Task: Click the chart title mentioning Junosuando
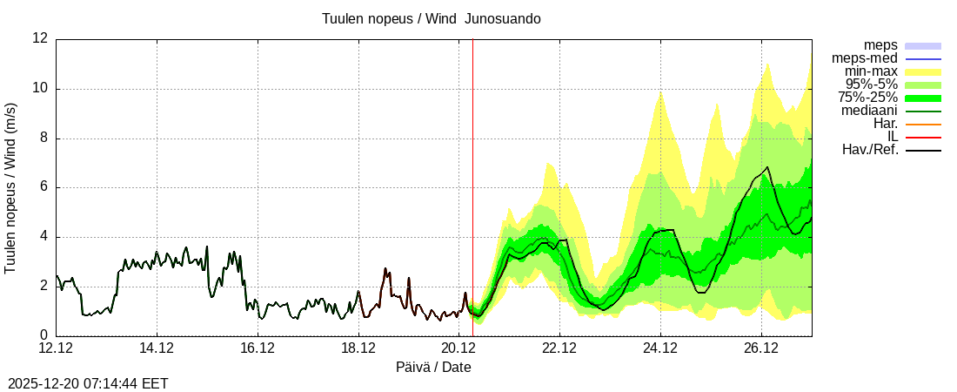(431, 18)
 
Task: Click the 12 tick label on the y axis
(40, 38)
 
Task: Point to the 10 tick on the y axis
(40, 88)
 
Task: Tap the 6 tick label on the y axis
(43, 187)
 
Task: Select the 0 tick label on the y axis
(43, 335)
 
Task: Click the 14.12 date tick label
(157, 348)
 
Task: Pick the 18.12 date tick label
(358, 348)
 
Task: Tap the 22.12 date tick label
(559, 348)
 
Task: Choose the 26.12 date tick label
(761, 348)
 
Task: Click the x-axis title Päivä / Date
(433, 368)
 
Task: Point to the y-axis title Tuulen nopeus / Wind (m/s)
(11, 186)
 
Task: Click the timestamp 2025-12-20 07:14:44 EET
(88, 383)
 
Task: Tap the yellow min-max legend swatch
(923, 71)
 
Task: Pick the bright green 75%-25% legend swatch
(923, 98)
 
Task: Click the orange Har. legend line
(923, 124)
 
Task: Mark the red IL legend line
(923, 137)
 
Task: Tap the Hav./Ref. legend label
(870, 150)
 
